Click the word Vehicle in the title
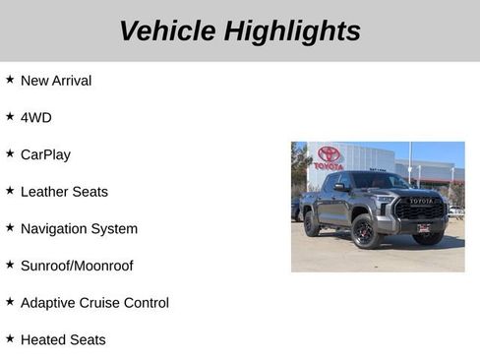pos(167,30)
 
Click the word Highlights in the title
pos(292,30)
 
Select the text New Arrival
pos(56,81)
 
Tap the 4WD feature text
pos(36,117)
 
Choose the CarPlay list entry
pos(45,154)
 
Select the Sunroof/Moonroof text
pos(77,266)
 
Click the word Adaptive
pos(49,303)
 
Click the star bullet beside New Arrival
pos(10,79)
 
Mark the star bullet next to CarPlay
pos(10,153)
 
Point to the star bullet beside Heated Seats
pos(10,338)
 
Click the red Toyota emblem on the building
pos(329,154)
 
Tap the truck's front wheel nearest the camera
pos(365,233)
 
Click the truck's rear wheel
pos(311,225)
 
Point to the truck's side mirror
pos(340,187)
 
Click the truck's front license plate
pos(423,227)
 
